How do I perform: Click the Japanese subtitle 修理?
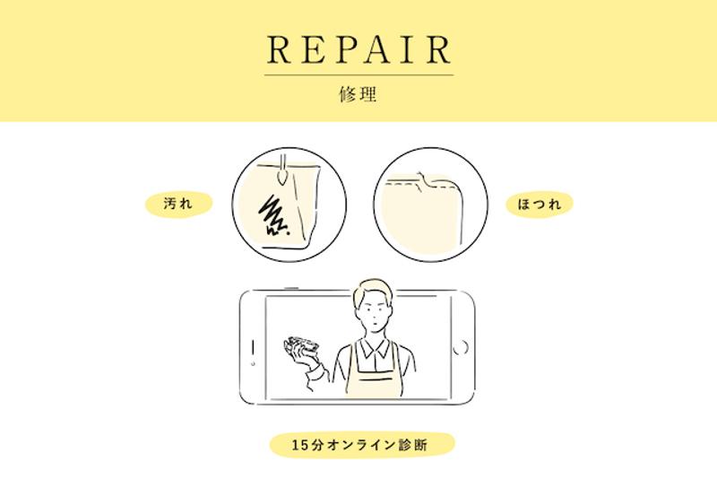coord(358,94)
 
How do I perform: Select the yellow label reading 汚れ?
coord(178,204)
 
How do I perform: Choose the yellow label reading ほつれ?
coord(540,204)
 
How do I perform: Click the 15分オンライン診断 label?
coord(362,445)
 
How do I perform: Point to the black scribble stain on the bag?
coord(273,216)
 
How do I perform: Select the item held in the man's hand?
coord(301,346)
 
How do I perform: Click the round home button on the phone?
coord(461,347)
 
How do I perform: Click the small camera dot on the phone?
coord(253,363)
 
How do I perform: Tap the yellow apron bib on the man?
coord(375,375)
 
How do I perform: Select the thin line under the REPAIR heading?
coord(359,74)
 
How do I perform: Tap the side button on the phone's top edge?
coord(291,288)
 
